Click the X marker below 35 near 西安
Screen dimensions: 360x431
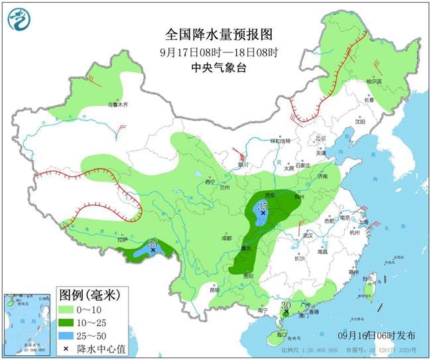click(x=263, y=214)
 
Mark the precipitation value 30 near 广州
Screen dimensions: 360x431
click(x=286, y=305)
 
